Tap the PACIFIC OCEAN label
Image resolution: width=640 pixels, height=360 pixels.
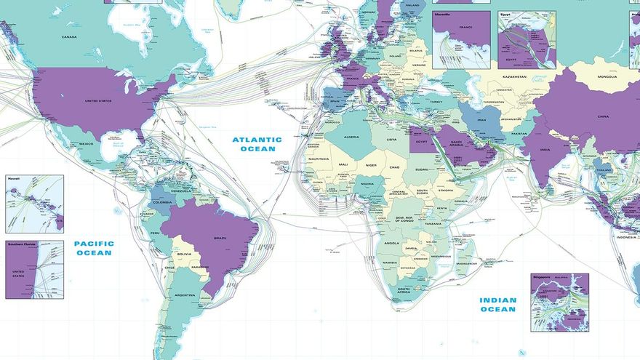point(93,248)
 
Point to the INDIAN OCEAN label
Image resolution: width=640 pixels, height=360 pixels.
point(497,304)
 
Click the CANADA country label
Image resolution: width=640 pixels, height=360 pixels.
point(69,37)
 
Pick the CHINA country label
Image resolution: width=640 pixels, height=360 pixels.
point(603,116)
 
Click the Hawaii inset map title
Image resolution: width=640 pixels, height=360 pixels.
point(13,178)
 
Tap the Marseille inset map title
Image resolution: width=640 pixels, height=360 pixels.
point(443,14)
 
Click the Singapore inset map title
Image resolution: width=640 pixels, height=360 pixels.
point(543,277)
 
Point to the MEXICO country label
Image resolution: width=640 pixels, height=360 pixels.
point(87,144)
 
